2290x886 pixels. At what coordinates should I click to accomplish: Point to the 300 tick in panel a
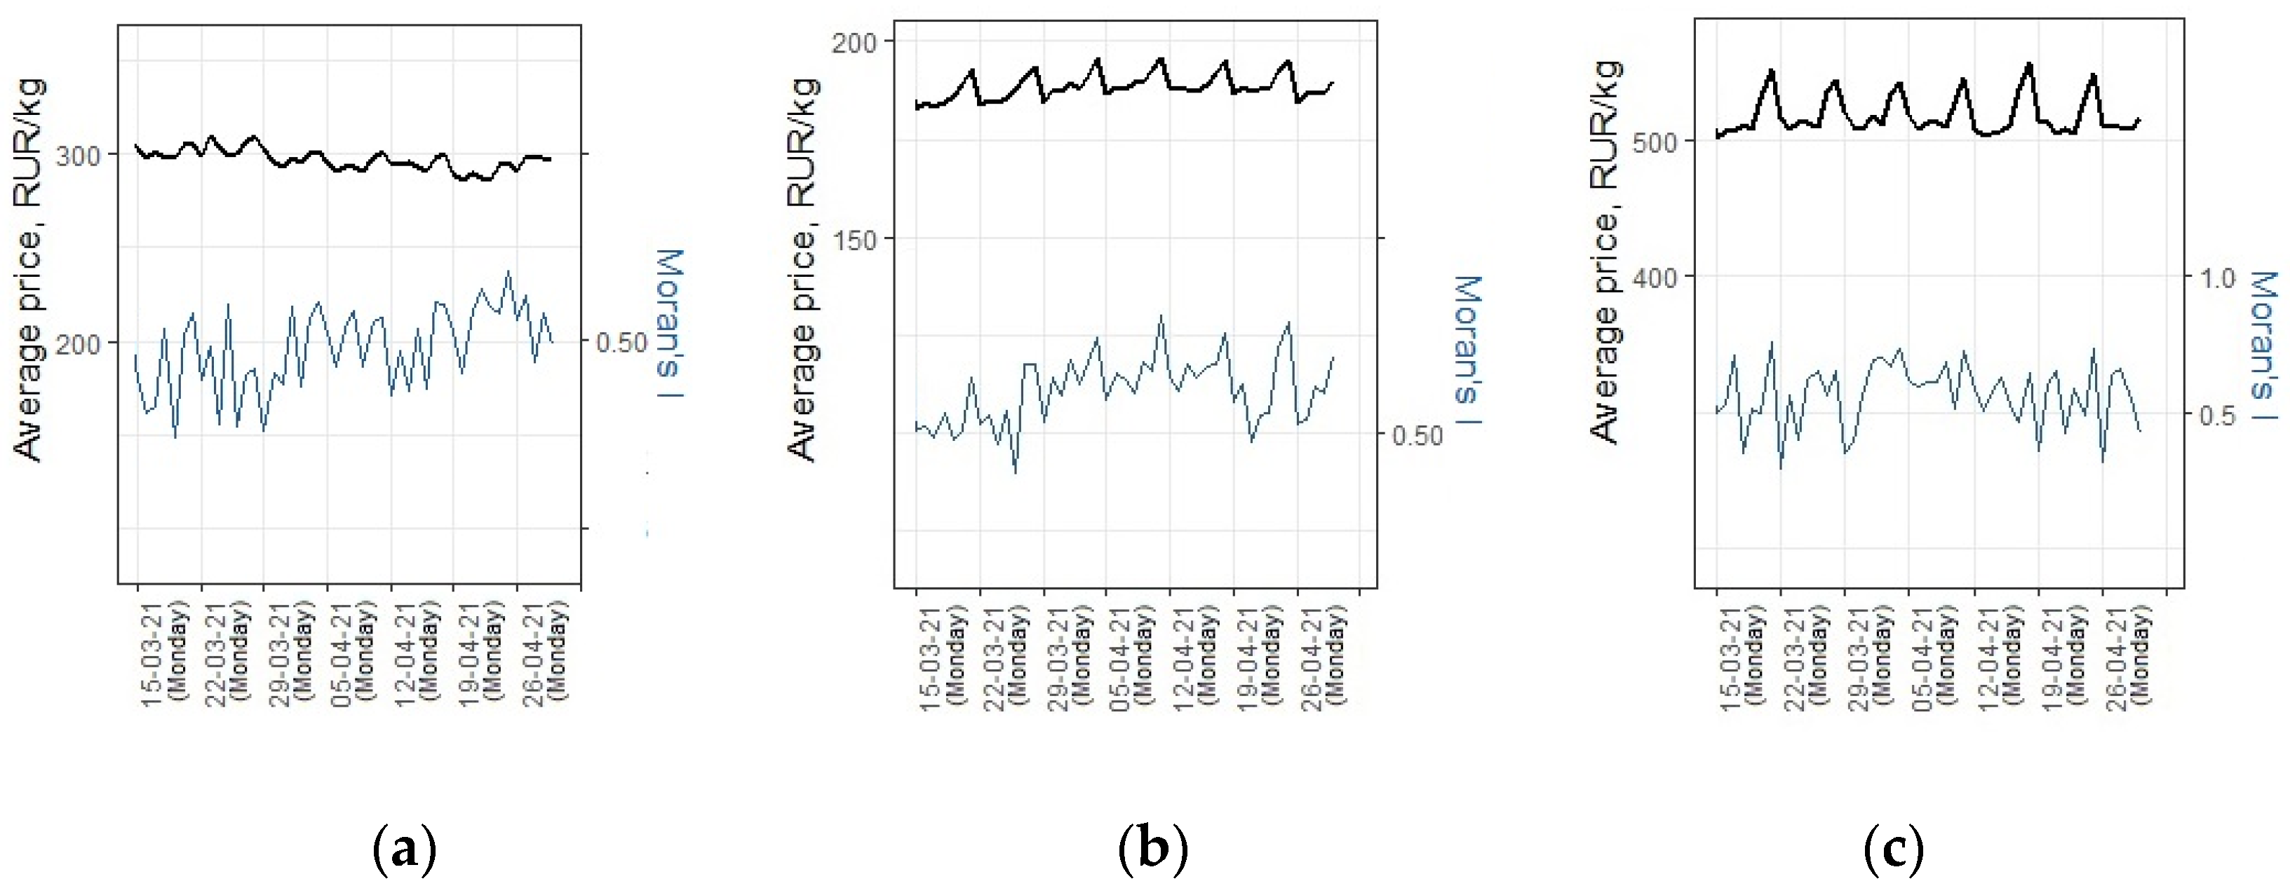click(x=79, y=156)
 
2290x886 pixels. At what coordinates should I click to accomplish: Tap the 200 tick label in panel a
click(x=79, y=344)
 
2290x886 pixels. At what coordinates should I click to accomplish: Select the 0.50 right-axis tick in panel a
click(x=621, y=342)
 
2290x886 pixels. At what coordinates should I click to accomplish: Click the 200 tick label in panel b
click(x=854, y=42)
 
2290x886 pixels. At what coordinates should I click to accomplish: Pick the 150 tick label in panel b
click(x=854, y=240)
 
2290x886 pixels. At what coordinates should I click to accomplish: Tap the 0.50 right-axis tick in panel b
click(x=1417, y=435)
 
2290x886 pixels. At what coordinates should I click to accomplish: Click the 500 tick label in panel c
click(x=1655, y=142)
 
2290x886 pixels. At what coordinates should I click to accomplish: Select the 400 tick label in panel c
click(x=1655, y=278)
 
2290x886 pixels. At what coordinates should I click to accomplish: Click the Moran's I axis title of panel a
click(x=668, y=325)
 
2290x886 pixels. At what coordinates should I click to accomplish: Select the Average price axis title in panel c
click(x=1605, y=252)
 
